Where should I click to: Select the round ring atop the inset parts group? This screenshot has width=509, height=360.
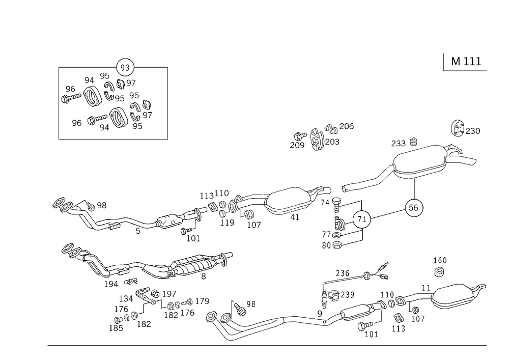pos(125,66)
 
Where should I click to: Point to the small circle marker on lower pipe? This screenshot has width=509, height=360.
pos(319,312)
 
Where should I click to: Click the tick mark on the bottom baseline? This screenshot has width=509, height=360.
pos(228,345)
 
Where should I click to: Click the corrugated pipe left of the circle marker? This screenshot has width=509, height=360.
pos(300,319)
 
